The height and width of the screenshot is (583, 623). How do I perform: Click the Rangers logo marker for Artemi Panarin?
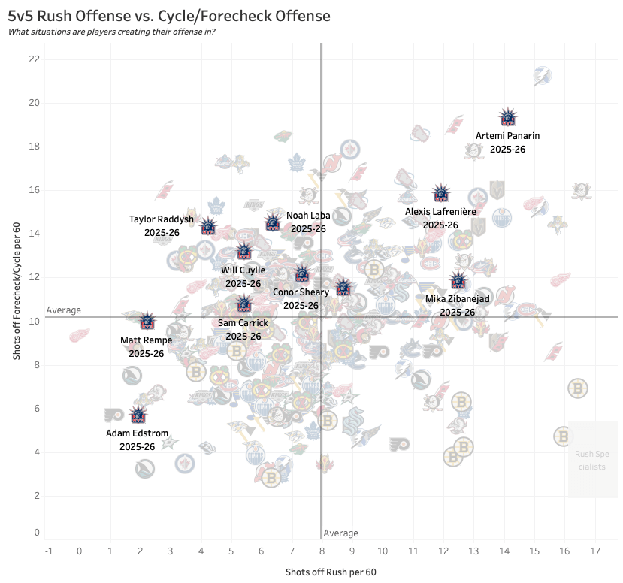pyautogui.click(x=509, y=117)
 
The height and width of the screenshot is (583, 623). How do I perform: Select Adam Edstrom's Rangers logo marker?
pyautogui.click(x=138, y=415)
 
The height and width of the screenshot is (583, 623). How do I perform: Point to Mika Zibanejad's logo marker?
pyautogui.click(x=458, y=281)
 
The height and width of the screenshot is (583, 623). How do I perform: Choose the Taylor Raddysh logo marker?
pyautogui.click(x=208, y=227)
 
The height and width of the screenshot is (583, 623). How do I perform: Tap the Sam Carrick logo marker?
pyautogui.click(x=244, y=304)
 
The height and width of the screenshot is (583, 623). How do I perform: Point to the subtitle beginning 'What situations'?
pyautogui.click(x=112, y=32)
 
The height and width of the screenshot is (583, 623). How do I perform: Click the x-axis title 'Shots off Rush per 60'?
pyautogui.click(x=331, y=572)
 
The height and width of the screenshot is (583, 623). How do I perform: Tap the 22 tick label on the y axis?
pyautogui.click(x=35, y=59)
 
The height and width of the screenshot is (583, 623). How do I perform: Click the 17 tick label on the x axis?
pyautogui.click(x=594, y=551)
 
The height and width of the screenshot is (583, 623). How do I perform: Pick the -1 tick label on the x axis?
pyautogui.click(x=50, y=551)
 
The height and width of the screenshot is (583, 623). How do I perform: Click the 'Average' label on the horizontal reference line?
pyautogui.click(x=63, y=310)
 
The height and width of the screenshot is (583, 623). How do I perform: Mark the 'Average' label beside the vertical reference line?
pyautogui.click(x=340, y=533)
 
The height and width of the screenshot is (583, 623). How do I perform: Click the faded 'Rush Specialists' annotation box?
pyautogui.click(x=592, y=459)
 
